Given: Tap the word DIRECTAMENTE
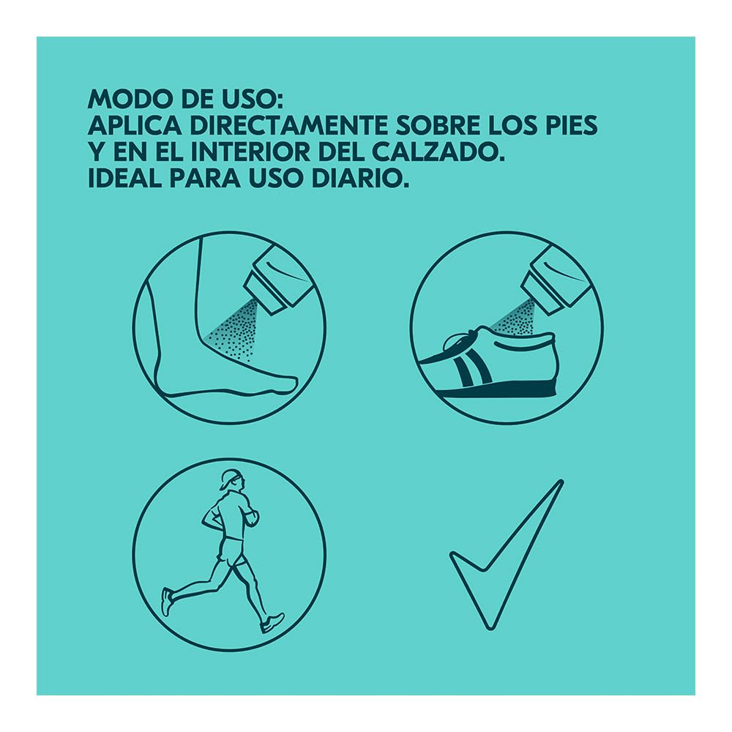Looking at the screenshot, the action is click(288, 125).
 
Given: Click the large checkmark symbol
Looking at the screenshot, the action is click(507, 555).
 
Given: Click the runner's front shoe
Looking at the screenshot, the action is click(272, 623).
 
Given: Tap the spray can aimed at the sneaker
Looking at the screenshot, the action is click(556, 279).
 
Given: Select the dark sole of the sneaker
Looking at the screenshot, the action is click(499, 389).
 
